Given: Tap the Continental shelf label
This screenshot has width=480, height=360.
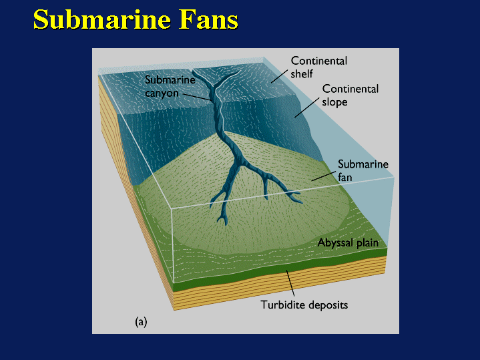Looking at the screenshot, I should click(318, 67).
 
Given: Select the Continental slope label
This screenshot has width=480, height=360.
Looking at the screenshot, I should click(350, 96).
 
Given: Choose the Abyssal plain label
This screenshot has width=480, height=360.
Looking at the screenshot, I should click(348, 243).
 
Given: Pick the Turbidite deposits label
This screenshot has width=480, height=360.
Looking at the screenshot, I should click(304, 305).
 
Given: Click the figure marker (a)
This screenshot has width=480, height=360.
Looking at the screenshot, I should click(141, 321).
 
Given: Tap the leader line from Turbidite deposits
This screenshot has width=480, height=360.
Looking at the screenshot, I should click(291, 284).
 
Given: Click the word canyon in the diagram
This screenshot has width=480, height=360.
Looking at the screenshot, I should click(162, 94).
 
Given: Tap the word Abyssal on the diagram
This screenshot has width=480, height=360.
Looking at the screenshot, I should click(332, 243).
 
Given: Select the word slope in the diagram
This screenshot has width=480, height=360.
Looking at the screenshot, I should click(336, 102).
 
